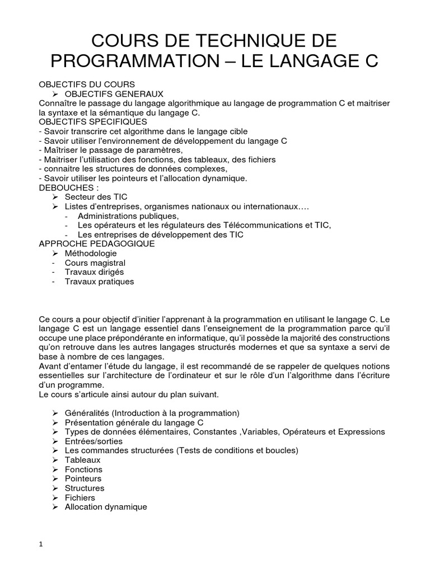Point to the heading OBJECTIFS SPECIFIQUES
click(93, 121)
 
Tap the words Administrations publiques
click(129, 216)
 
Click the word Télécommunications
click(265, 225)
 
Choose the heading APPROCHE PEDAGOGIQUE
click(96, 244)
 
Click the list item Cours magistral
click(95, 262)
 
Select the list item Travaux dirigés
click(94, 272)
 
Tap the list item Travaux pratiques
click(99, 281)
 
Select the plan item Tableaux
click(83, 460)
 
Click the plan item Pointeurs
click(83, 478)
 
